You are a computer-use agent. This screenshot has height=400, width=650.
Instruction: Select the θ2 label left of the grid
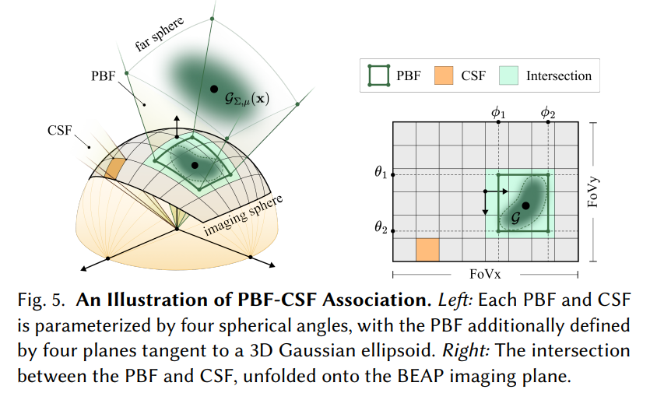click(380, 229)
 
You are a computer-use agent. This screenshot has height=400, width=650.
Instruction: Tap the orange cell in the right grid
click(428, 250)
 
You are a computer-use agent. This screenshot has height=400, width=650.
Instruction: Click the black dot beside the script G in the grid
click(526, 205)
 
